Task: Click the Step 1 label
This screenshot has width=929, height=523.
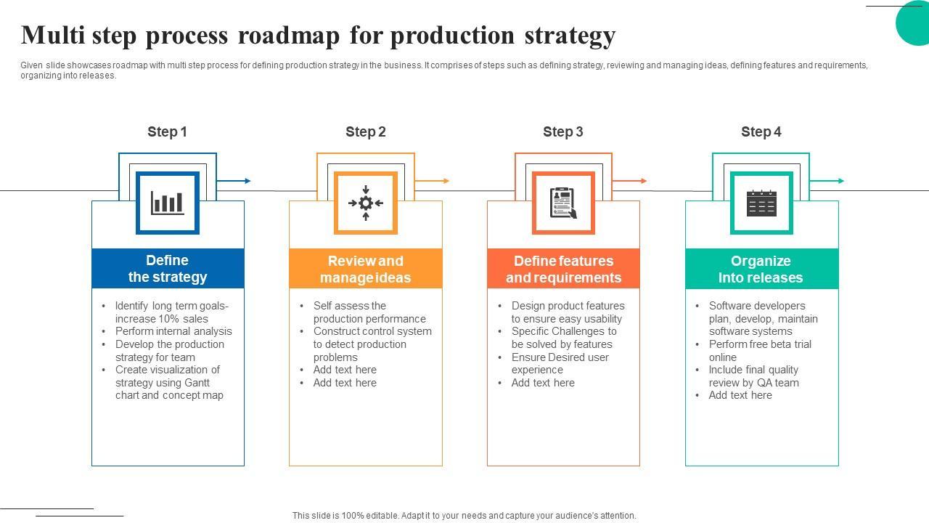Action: pyautogui.click(x=167, y=131)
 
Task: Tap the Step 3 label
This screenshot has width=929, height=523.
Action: pyautogui.click(x=562, y=131)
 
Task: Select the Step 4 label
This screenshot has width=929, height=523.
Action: pyautogui.click(x=761, y=131)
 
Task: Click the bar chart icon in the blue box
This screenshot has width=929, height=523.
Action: pyautogui.click(x=168, y=203)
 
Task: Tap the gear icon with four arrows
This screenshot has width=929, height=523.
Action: pyautogui.click(x=366, y=203)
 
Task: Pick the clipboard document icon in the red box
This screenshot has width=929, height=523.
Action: pyautogui.click(x=563, y=203)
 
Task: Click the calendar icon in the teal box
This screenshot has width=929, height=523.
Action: pyautogui.click(x=761, y=203)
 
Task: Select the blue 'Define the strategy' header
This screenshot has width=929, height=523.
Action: pyautogui.click(x=168, y=269)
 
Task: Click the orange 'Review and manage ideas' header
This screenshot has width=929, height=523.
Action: pyautogui.click(x=366, y=269)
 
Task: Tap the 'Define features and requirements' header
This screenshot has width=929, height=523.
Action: pyautogui.click(x=563, y=269)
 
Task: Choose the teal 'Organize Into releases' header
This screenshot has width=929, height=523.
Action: pyautogui.click(x=761, y=269)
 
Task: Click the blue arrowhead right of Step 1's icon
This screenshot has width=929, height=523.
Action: pyautogui.click(x=247, y=181)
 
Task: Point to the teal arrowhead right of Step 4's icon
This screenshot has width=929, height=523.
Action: pyautogui.click(x=841, y=181)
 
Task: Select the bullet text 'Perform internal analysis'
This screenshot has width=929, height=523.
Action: pyautogui.click(x=173, y=331)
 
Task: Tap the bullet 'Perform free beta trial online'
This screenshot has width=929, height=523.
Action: pyautogui.click(x=759, y=350)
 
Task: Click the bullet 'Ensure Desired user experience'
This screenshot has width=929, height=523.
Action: pyautogui.click(x=560, y=363)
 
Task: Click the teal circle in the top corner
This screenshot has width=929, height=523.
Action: pyautogui.click(x=916, y=22)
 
